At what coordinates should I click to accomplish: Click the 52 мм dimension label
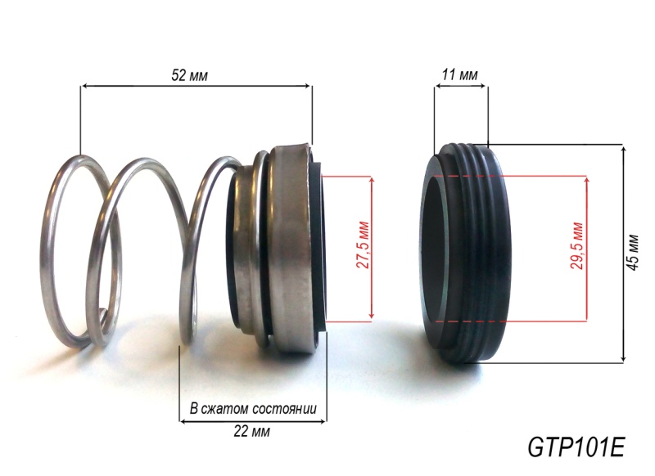click(189, 75)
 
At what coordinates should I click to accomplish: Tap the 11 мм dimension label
click(460, 75)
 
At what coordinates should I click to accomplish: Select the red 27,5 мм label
click(364, 245)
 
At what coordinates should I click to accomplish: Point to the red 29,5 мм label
click(578, 245)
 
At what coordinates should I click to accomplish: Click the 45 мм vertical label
click(633, 253)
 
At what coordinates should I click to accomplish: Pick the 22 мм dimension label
click(251, 431)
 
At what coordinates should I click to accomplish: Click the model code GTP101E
click(576, 447)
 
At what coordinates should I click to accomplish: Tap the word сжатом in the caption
click(224, 408)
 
